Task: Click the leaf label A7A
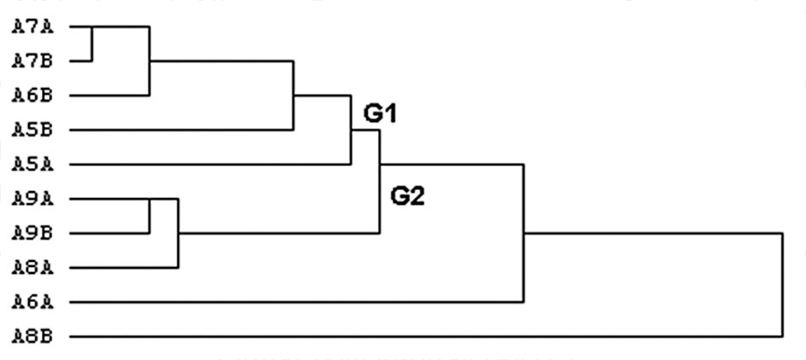coord(32,26)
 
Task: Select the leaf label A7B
coord(32,61)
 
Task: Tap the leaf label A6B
coord(32,96)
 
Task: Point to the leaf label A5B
coord(32,130)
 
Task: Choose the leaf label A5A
coord(32,164)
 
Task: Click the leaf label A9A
coord(32,199)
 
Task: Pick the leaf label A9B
coord(32,233)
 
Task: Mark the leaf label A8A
coord(32,267)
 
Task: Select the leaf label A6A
coord(32,301)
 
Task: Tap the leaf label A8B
coord(32,336)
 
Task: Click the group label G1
coord(382,113)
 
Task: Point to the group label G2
coord(408,197)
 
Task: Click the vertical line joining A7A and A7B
coord(92,44)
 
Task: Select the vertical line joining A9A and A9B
coord(149,216)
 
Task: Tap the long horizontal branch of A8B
coord(426,336)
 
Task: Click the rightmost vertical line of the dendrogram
coord(781,284)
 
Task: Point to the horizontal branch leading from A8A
coord(124,267)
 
